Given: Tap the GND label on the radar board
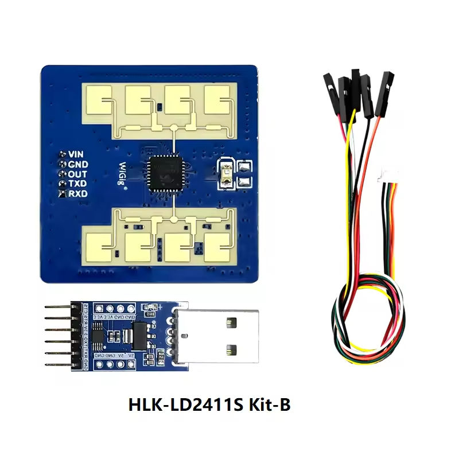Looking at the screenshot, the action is click(x=77, y=164).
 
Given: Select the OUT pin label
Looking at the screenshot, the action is click(x=77, y=174).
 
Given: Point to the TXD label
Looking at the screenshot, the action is click(x=77, y=184).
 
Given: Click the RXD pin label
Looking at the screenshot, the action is click(x=77, y=194).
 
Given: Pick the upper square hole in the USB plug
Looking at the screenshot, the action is click(x=232, y=323).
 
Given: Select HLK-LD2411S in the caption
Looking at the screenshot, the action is click(x=182, y=405).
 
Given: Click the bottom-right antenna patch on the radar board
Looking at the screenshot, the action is click(x=220, y=246).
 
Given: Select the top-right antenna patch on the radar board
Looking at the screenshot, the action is click(x=220, y=102).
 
